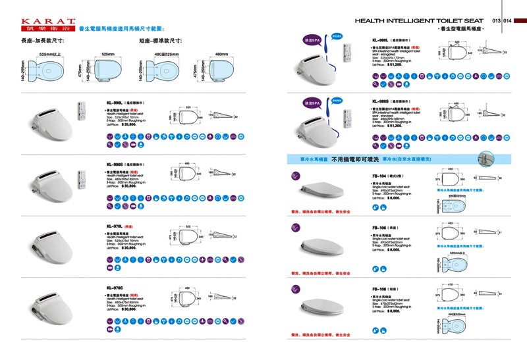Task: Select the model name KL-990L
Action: [116, 103]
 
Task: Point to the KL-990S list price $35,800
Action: [123, 186]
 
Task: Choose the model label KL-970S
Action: [115, 287]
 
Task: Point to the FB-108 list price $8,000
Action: [393, 310]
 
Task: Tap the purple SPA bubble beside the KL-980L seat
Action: [312, 39]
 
